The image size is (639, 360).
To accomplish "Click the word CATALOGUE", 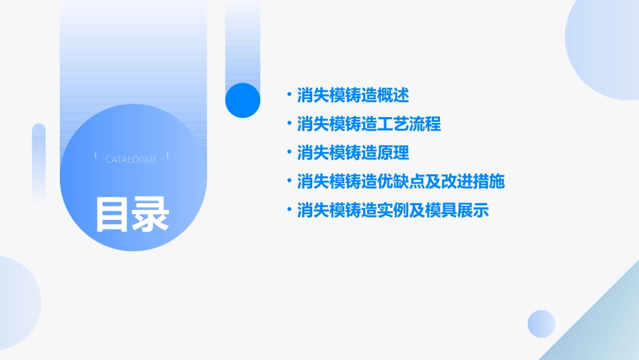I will pos(131,159).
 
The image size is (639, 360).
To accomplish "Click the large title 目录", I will pos(132,214).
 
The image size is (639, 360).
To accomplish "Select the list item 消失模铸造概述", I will pos(352,96).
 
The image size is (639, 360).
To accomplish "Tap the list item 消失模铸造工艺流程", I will pos(369,124).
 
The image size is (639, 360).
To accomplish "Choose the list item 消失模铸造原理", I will pos(352,153).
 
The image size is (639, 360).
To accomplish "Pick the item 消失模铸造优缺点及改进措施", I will pos(400,182).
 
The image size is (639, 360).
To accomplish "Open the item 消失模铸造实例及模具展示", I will pos(392,211).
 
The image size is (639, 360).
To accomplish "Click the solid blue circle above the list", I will pos(243,100).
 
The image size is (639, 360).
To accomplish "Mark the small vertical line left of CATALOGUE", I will pos(96,156).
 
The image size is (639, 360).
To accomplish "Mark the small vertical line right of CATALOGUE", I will pos(167,156).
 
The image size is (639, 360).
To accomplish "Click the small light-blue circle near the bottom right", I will pos(541,324).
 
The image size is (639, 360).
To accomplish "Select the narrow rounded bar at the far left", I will pos(39,161).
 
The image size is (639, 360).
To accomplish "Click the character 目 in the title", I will pos(112,214).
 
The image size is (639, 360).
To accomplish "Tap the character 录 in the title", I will pos(151,214).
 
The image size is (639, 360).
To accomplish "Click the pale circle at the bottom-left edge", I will pos(17,303).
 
